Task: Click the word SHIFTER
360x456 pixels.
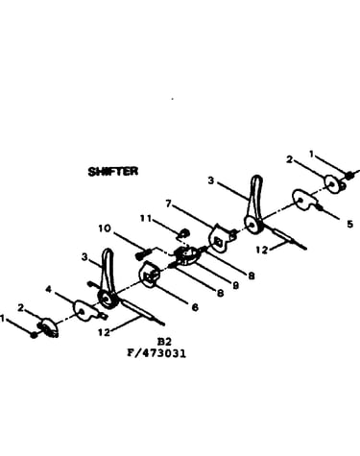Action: click(113, 171)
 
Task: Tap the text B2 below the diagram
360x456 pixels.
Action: click(164, 342)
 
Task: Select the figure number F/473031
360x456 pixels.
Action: click(156, 353)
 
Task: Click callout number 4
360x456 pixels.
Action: click(48, 289)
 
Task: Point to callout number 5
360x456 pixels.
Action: click(349, 224)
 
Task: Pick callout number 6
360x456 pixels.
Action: click(195, 307)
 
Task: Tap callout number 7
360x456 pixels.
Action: click(168, 203)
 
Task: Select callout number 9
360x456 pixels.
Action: click(235, 285)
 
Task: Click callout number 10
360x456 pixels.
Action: click(105, 228)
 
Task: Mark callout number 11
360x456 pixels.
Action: click(146, 219)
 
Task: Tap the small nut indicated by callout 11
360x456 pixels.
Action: click(184, 232)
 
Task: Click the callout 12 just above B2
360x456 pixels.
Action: click(104, 332)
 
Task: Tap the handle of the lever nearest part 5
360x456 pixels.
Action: click(256, 192)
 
